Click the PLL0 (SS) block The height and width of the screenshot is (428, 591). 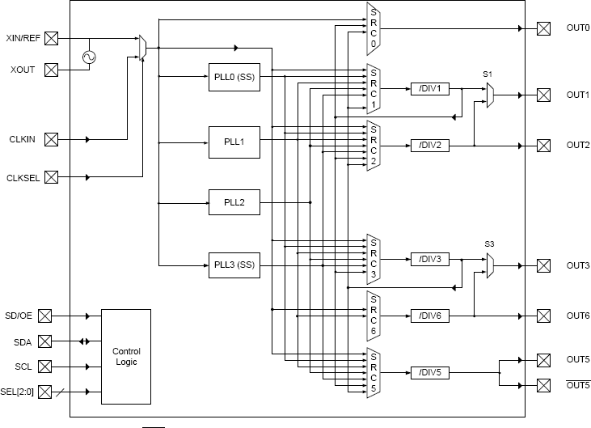tap(234, 77)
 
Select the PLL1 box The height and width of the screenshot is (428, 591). tap(234, 142)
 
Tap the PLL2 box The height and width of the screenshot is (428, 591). tap(234, 201)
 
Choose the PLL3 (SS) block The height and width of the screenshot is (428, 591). tap(234, 265)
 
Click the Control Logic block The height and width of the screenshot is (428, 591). tap(126, 356)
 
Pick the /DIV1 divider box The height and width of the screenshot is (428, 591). tap(429, 88)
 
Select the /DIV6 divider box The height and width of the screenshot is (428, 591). tap(429, 316)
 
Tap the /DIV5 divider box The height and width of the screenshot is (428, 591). tap(429, 372)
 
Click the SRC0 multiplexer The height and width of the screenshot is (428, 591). tap(374, 28)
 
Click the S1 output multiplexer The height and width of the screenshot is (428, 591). tap(490, 95)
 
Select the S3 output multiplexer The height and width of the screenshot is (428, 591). tap(490, 265)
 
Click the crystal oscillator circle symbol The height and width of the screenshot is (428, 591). tap(88, 57)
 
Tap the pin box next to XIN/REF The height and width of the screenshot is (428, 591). tap(51, 38)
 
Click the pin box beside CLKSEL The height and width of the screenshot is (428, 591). tap(51, 177)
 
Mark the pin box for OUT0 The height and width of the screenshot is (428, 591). tap(543, 28)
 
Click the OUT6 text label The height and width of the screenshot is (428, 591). tap(577, 316)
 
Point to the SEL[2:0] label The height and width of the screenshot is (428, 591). tap(19, 392)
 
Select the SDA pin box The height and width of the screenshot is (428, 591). tap(51, 341)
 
